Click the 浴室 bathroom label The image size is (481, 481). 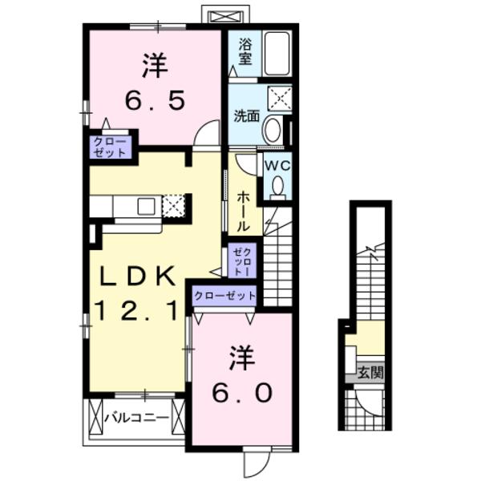[245, 51]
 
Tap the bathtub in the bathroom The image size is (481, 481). [277, 53]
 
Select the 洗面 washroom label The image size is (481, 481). [245, 115]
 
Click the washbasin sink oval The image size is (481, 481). [273, 129]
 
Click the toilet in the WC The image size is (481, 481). [278, 186]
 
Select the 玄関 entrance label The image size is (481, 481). [370, 372]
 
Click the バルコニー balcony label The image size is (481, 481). [137, 418]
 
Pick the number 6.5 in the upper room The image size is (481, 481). [155, 100]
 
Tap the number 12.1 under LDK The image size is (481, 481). [136, 309]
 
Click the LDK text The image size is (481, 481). [136, 277]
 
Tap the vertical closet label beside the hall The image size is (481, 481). [242, 261]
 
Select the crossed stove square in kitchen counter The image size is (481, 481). [174, 205]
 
